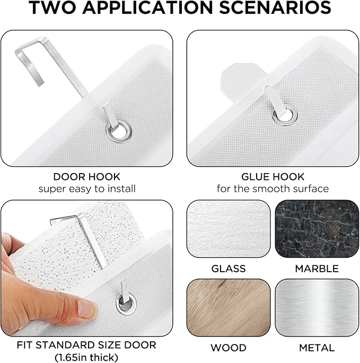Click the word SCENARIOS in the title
point(275,7)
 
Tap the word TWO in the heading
point(52,7)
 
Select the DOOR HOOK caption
point(87,177)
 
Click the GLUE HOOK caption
point(273,177)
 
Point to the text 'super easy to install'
point(87,189)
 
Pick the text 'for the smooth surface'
point(273,189)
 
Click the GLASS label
point(229,269)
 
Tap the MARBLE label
point(317,269)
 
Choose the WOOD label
point(229,348)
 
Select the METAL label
point(317,348)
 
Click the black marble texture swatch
point(317,229)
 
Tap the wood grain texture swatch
point(229,308)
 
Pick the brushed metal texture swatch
point(317,308)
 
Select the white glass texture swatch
point(229,229)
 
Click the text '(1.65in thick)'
point(86,357)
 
